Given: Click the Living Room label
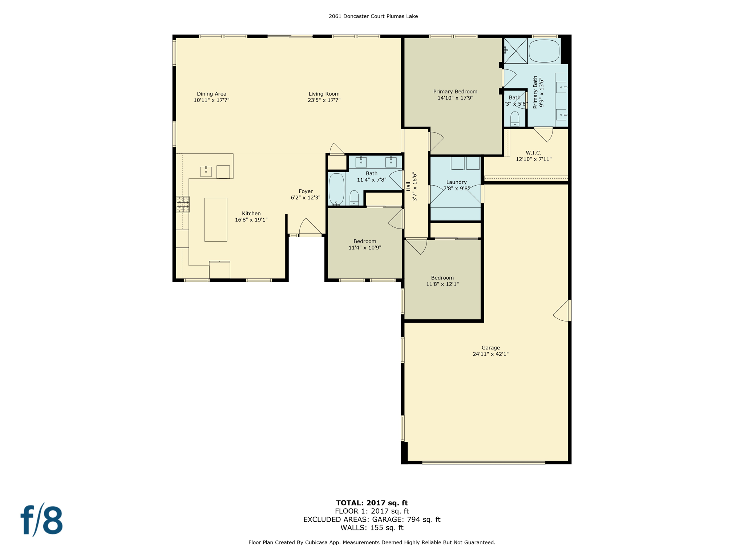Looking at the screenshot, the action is tap(324, 94).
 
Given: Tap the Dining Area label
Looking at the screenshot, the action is tap(211, 94).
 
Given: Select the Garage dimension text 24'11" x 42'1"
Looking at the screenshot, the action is tap(490, 354).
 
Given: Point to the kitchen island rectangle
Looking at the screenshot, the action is tap(216, 219).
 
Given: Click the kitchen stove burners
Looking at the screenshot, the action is tap(183, 204).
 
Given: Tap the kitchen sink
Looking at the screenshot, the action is tap(206, 171).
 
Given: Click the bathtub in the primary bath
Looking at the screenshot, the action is tap(544, 51).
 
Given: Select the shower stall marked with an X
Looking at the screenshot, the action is tap(515, 50).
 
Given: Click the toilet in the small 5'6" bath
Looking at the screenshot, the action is tap(515, 119).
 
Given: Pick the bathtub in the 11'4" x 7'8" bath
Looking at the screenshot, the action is tap(336, 189).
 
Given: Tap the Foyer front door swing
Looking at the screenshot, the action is tap(310, 226).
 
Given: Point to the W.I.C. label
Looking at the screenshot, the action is tap(533, 153).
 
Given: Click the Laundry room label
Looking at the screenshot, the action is tap(456, 182).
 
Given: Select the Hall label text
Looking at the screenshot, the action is tap(408, 186).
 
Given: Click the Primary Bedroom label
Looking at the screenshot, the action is tap(455, 92).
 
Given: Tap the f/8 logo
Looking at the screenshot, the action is tap(42, 520).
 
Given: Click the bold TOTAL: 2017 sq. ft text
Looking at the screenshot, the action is tap(372, 503).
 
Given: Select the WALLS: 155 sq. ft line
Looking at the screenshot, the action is tap(372, 527).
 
